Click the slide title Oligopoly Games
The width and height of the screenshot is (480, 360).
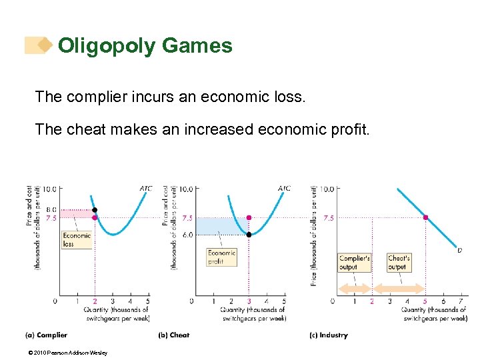coord(145,45)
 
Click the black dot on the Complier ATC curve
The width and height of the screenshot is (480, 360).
coord(95,209)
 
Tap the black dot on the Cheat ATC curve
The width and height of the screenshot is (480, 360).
coord(249,235)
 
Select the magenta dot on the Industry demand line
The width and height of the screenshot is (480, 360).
coord(425,217)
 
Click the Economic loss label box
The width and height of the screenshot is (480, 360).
coord(77,240)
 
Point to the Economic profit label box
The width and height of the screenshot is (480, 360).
coord(221,257)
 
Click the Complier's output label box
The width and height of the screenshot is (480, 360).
coord(354,262)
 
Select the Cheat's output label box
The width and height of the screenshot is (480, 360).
coord(398,262)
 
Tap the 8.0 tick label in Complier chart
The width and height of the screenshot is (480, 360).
coord(51,209)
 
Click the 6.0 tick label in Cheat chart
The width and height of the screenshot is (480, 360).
coord(187,235)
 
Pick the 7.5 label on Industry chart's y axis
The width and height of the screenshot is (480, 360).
coord(328,217)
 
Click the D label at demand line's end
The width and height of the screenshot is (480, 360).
coord(459,251)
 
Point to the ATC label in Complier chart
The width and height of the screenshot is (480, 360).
coord(145,189)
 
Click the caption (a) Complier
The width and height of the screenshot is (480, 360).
coord(47,335)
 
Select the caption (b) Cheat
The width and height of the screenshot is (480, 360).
coord(174,335)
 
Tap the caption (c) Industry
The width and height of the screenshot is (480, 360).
coord(329,335)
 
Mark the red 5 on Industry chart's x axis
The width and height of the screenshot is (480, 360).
coord(425,301)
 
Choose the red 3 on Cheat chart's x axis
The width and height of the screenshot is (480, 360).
coord(249,301)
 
